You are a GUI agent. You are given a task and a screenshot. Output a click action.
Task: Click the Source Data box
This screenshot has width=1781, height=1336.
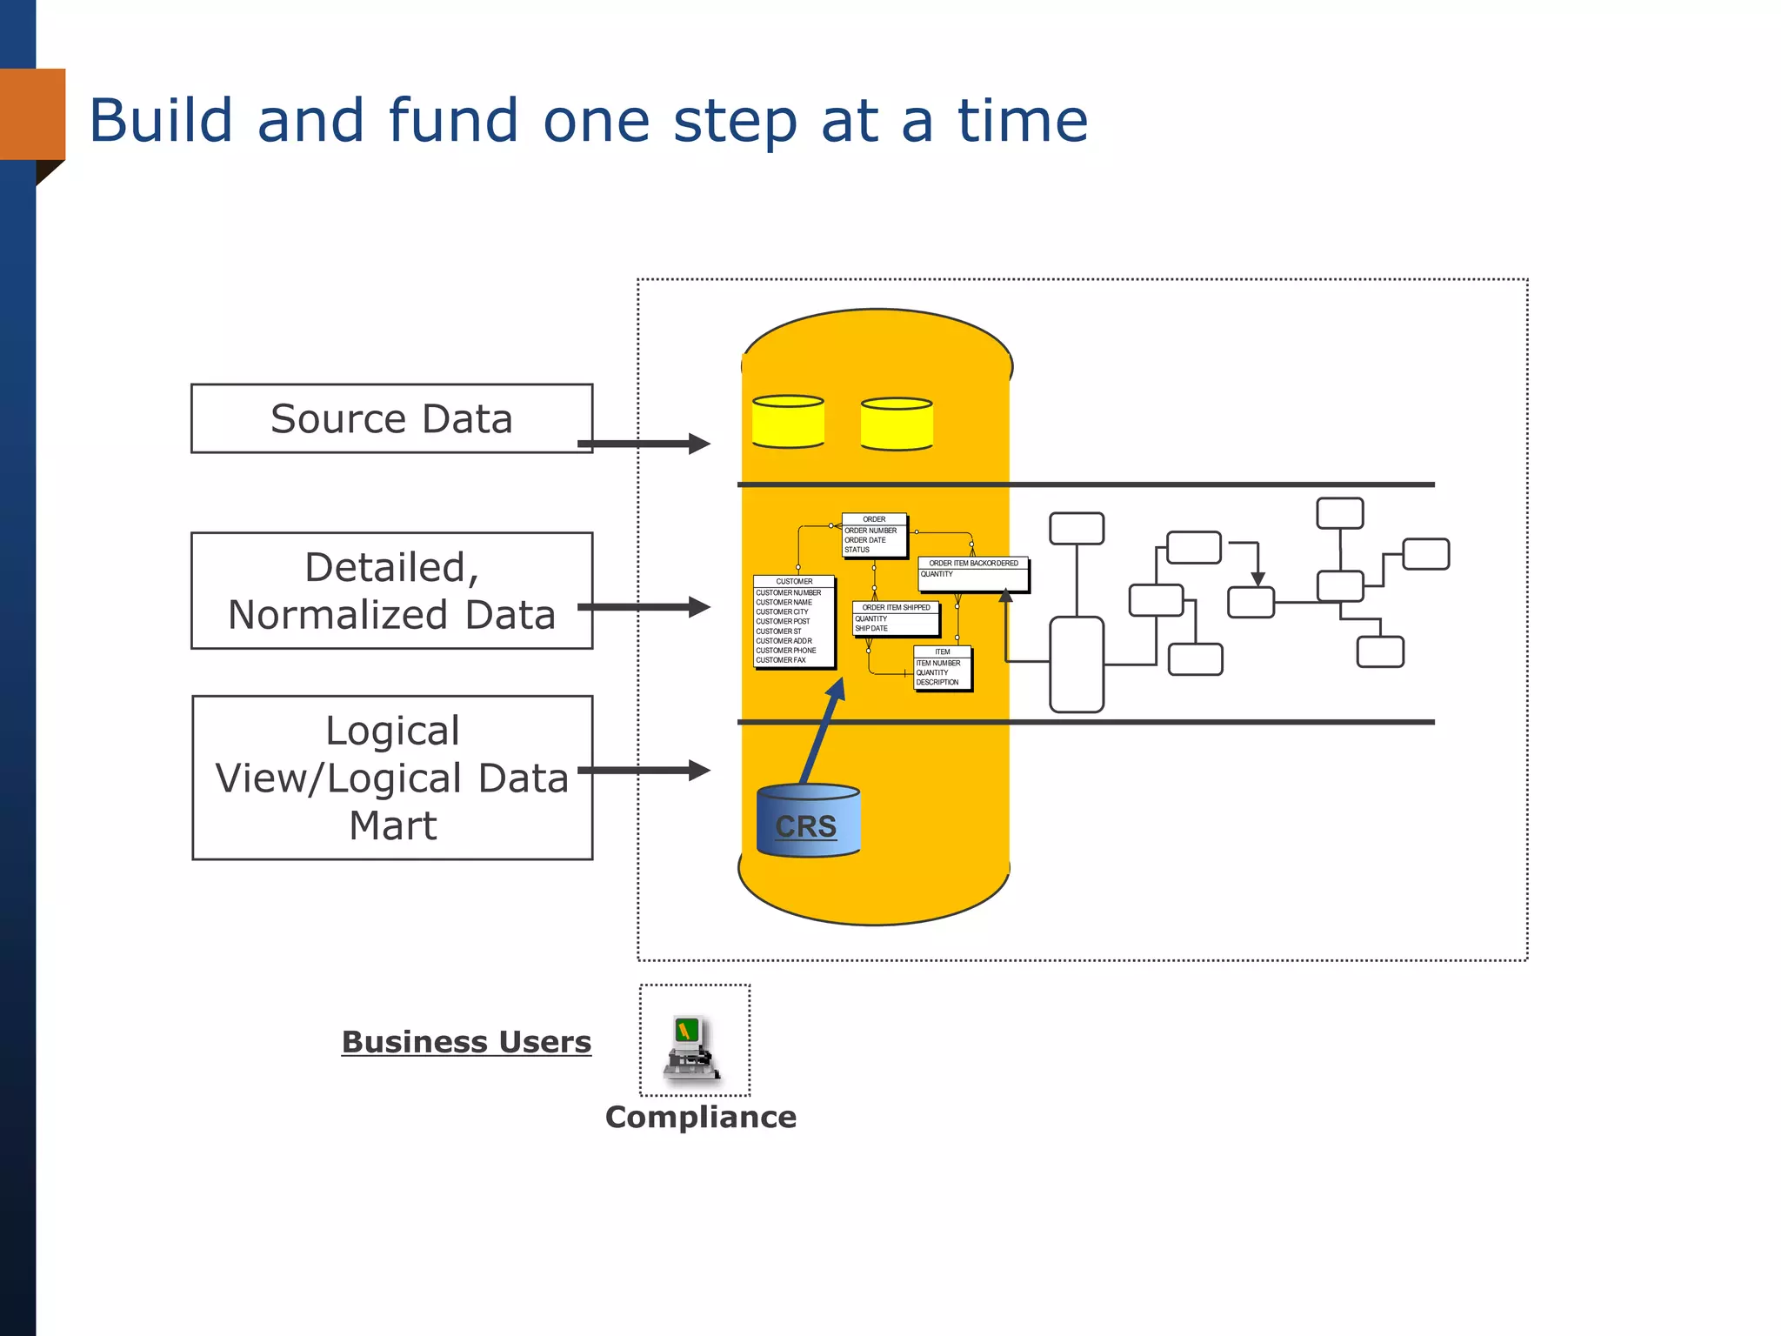(x=391, y=418)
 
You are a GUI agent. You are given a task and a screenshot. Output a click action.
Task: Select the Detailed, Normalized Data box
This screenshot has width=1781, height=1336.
(x=391, y=591)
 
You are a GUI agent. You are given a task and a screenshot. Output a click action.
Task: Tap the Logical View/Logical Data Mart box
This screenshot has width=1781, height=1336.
(x=391, y=778)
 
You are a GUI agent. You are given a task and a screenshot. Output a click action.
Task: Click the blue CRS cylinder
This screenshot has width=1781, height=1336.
(x=808, y=822)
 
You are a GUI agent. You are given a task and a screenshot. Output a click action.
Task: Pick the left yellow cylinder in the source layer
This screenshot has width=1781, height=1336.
(x=788, y=422)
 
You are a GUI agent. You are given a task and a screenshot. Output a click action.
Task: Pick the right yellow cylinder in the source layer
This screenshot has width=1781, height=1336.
(x=897, y=424)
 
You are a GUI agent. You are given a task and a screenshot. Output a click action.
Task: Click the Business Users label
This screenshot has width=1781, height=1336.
(x=466, y=1042)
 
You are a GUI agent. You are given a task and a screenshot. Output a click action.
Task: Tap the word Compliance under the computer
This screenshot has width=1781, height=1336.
(x=701, y=1117)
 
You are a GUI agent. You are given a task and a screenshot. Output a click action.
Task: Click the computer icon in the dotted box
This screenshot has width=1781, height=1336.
(x=692, y=1046)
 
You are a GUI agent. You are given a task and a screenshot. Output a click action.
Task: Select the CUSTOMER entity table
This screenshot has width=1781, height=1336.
(x=794, y=621)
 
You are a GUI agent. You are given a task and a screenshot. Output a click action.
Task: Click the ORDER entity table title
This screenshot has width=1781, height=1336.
(x=874, y=519)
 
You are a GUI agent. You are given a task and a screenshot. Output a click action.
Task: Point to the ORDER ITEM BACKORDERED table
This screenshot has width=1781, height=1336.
(x=973, y=573)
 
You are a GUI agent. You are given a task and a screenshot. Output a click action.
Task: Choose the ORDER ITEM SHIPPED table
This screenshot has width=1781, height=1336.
(x=896, y=618)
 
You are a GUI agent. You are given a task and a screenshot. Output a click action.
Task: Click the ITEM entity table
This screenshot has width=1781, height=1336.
(x=942, y=668)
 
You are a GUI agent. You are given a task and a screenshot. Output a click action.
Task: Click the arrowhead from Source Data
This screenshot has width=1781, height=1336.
(x=699, y=444)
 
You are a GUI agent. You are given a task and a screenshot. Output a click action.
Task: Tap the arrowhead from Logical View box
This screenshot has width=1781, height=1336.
(x=699, y=770)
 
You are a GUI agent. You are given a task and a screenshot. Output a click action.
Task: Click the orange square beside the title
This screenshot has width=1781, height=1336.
(x=33, y=114)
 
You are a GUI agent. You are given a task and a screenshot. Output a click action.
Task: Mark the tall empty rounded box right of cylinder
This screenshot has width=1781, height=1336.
(x=1077, y=664)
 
